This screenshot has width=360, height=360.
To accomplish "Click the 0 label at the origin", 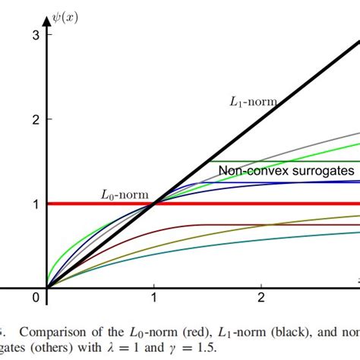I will click(x=35, y=296).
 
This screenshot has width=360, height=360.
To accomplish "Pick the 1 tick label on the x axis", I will click(x=154, y=296).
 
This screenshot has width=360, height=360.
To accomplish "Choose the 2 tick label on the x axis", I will click(x=261, y=296).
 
